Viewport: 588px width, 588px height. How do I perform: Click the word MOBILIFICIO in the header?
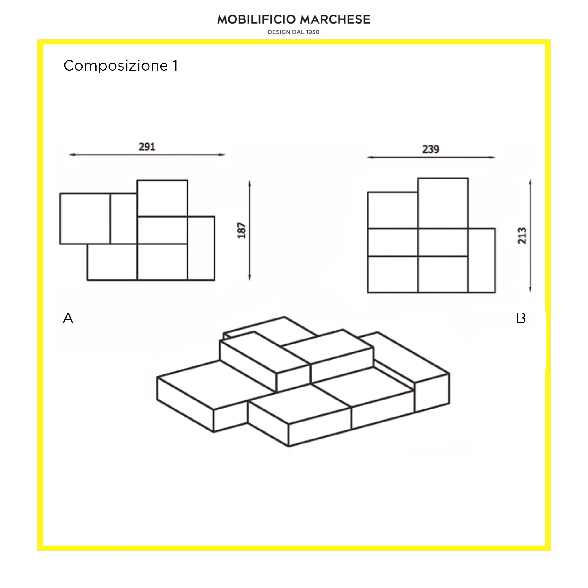(257, 19)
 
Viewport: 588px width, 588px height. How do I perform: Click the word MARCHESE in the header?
(335, 19)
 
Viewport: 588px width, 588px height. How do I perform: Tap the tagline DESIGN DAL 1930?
(294, 32)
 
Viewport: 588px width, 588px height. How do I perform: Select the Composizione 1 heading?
(121, 66)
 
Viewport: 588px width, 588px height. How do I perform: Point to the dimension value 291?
(147, 146)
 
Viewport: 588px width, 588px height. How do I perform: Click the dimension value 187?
(242, 230)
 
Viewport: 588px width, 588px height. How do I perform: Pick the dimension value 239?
(430, 149)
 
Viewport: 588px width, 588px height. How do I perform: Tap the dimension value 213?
(522, 236)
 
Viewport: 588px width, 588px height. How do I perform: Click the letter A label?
(68, 318)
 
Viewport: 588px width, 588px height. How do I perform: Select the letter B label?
(521, 318)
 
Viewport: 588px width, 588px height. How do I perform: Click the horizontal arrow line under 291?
(147, 155)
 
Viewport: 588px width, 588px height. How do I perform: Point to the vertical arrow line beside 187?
(249, 231)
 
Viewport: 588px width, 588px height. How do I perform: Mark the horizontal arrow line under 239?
(431, 158)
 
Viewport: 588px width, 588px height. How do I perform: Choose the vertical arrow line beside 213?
(530, 236)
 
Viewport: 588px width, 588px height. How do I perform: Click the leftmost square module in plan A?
(85, 219)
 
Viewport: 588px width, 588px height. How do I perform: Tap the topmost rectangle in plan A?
(162, 198)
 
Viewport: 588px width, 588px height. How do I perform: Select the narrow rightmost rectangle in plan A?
(201, 249)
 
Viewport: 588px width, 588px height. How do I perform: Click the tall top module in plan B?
(443, 203)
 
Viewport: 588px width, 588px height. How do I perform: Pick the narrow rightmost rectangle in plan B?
(482, 261)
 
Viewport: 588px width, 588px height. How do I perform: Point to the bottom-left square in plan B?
(393, 275)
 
